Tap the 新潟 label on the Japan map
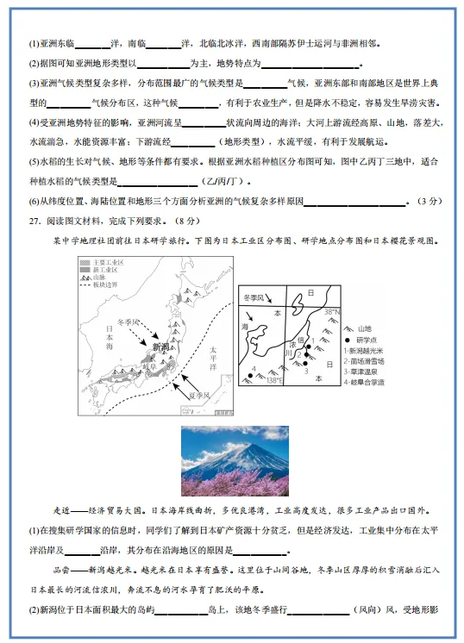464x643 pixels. click(x=161, y=346)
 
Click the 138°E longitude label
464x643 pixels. click(x=275, y=380)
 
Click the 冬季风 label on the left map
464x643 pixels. click(x=129, y=321)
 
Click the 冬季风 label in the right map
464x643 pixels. click(x=257, y=297)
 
